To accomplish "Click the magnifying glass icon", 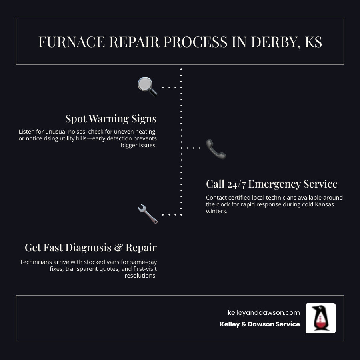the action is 147,86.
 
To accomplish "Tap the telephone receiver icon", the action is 216,149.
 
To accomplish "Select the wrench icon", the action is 147,214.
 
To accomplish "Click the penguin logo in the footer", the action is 320,318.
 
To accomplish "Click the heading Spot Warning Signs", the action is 111,119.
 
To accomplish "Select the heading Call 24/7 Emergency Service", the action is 272,184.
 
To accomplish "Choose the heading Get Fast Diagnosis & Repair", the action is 90,248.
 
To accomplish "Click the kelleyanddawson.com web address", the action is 264,313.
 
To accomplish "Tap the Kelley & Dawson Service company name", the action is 260,324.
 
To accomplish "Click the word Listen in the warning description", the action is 27,132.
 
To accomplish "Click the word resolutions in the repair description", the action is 140,276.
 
